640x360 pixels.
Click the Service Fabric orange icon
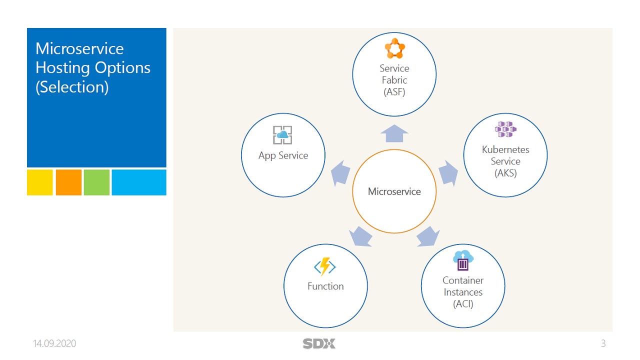click(394, 49)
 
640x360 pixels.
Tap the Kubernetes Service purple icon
click(505, 130)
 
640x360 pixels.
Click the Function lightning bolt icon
click(325, 267)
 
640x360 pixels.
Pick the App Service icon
click(282, 135)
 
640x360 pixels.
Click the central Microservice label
click(394, 191)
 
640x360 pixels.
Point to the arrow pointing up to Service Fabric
click(394, 134)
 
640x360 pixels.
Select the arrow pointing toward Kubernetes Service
click(448, 173)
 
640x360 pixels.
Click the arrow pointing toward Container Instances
click(427, 236)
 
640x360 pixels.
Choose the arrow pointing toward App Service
click(340, 173)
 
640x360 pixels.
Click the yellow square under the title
click(40, 182)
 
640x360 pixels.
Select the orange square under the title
click(68, 182)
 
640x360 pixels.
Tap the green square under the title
click(96, 182)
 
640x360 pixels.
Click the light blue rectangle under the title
click(139, 182)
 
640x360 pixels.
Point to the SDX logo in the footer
click(319, 343)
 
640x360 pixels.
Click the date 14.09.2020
click(54, 343)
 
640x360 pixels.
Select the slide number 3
click(603, 343)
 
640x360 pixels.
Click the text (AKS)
click(505, 173)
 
